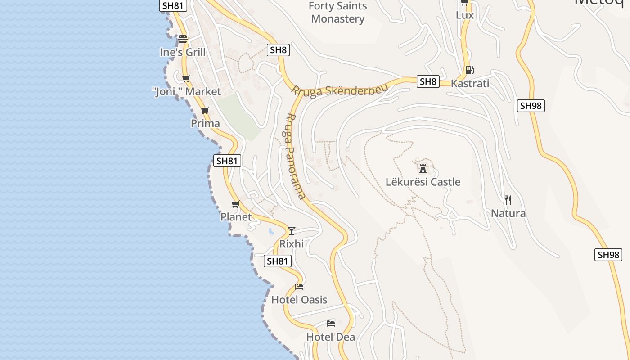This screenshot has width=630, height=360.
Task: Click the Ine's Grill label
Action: coord(183,52)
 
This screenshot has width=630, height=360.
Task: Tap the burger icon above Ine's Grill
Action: coord(182,39)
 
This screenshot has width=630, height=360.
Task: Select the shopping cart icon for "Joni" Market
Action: coord(186,79)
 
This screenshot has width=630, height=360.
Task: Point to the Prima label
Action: coord(205,123)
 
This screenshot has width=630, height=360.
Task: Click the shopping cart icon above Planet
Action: coord(236,204)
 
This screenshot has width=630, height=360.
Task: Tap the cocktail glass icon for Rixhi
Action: coord(292,231)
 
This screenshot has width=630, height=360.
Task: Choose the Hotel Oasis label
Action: coord(299,300)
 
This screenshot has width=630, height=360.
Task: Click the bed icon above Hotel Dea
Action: coord(331,323)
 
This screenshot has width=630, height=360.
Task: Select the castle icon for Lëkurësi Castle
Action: coord(423,169)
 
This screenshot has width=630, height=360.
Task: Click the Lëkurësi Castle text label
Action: coord(423,182)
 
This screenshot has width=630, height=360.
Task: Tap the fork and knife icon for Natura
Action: coord(508,200)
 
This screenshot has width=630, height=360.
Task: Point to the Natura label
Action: coord(508,213)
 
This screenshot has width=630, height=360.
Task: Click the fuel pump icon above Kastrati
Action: coord(469,70)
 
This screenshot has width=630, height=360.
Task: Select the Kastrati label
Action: coord(470,83)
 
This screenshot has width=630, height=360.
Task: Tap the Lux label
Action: coord(465,15)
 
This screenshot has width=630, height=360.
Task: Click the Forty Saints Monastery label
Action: coord(338,13)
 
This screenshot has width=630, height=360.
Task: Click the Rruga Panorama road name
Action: coord(295,155)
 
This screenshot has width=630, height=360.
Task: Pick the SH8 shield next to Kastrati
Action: coord(428,81)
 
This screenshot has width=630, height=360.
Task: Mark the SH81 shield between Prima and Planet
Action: coord(227,161)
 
